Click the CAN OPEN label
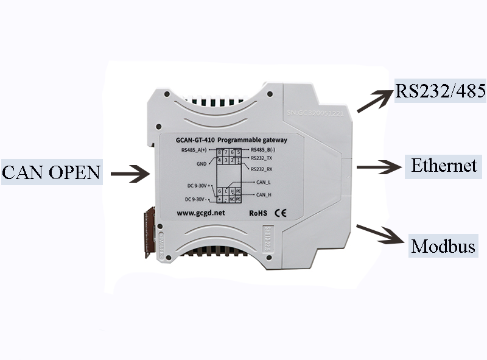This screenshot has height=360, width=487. tap(51, 172)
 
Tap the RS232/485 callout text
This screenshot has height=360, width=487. tap(441, 91)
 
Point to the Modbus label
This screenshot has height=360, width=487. tap(443, 247)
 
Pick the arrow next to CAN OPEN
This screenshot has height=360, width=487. tap(130, 174)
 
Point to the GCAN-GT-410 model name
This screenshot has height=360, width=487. tap(195, 139)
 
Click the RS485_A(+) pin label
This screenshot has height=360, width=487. tap(194, 149)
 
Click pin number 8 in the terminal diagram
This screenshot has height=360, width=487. tap(220, 152)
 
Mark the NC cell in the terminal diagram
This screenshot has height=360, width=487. tap(232, 199)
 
